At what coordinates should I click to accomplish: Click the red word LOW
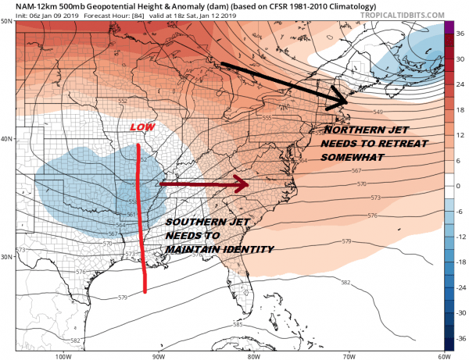click(141, 127)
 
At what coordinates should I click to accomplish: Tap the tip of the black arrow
click(347, 103)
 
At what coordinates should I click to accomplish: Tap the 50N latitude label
click(8, 21)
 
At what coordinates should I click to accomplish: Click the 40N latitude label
click(8, 139)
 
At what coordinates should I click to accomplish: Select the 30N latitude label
click(8, 257)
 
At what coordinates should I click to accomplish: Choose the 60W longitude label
click(442, 355)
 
